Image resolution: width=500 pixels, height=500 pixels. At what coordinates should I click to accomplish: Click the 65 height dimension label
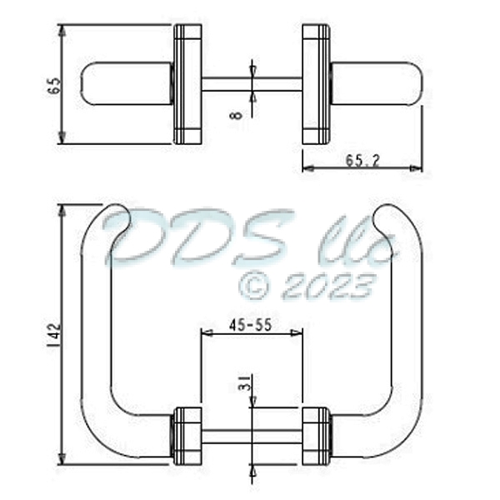(x=54, y=85)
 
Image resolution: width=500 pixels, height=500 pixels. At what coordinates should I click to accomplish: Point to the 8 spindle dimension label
(x=237, y=109)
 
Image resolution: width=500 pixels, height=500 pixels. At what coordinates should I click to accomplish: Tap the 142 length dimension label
(x=50, y=334)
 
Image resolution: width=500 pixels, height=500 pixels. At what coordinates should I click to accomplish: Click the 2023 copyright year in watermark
(x=327, y=286)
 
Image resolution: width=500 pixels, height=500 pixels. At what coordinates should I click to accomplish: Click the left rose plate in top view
(x=187, y=84)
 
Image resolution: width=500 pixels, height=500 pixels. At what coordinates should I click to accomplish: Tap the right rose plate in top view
(x=315, y=84)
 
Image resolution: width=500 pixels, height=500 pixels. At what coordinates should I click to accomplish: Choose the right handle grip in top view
(x=377, y=84)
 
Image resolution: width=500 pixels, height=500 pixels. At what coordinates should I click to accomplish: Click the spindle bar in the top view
(x=251, y=84)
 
